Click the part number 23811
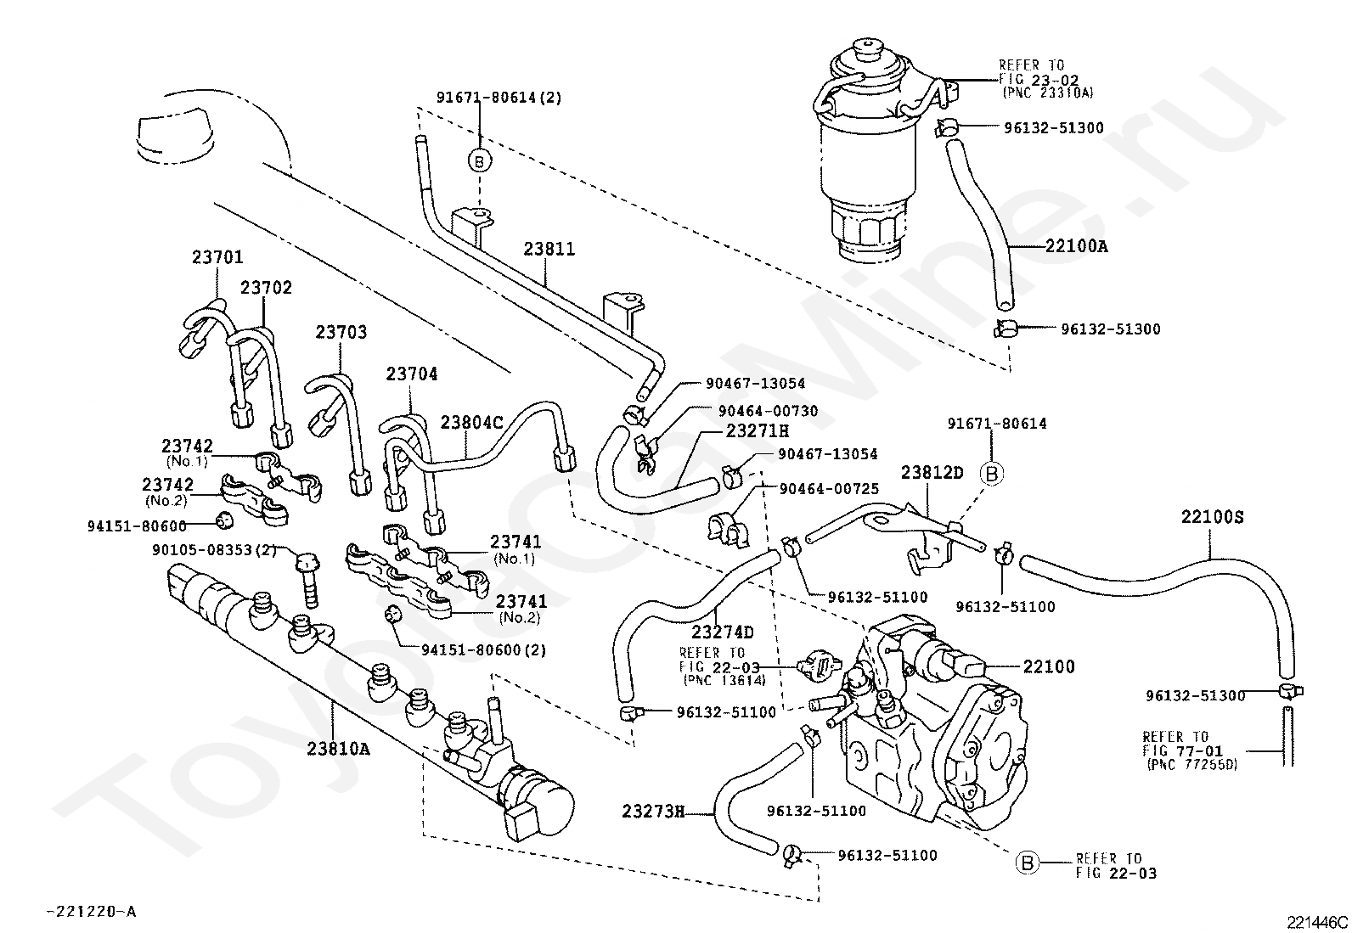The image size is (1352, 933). (x=549, y=250)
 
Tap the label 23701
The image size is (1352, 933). (x=217, y=258)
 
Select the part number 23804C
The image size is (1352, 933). (x=471, y=423)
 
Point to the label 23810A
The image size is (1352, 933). (x=338, y=749)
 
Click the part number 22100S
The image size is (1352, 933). (x=1213, y=517)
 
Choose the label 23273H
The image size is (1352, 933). (x=653, y=812)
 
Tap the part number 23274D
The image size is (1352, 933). (x=723, y=632)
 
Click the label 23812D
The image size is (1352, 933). (x=932, y=473)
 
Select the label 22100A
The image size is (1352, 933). (x=1077, y=246)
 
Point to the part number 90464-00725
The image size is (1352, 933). (x=830, y=489)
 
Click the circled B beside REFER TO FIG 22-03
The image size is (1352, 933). (x=1027, y=863)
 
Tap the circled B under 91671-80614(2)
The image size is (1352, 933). (x=480, y=161)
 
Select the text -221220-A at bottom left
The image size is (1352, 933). (x=92, y=911)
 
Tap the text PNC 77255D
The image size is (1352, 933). (x=1192, y=765)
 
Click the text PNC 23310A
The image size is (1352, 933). (x=1049, y=93)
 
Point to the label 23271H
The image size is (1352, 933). (x=758, y=431)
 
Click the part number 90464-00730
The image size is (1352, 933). (x=768, y=411)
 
